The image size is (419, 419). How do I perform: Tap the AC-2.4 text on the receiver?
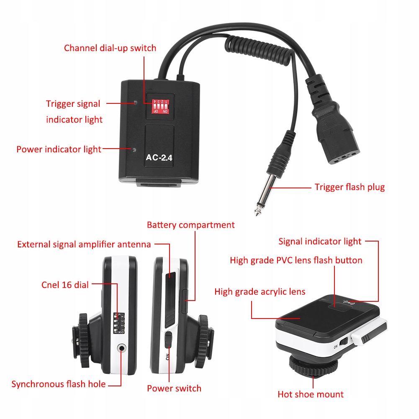pos(159,158)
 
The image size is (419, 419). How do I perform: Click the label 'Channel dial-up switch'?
pos(110,48)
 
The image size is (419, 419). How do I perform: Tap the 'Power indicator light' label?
pos(59,149)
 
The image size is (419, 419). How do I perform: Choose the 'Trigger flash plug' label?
pos(350,187)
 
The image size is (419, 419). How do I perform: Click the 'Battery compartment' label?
pos(190,225)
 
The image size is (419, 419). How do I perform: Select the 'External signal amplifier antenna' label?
pos(84,244)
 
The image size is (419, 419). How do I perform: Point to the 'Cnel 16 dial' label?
pos(65,285)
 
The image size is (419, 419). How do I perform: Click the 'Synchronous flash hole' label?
pos(58,384)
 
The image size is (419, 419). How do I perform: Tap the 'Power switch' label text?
pos(174,388)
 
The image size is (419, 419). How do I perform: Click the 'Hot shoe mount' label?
pos(311,394)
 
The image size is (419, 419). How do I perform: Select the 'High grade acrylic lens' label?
pos(260,292)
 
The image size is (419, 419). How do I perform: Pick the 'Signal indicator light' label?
pos(320,241)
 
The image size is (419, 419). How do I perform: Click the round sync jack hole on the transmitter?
pos(122,347)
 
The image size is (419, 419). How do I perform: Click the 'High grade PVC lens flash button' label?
pos(296,260)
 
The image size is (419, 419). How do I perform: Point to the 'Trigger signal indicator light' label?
pos(74,111)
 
